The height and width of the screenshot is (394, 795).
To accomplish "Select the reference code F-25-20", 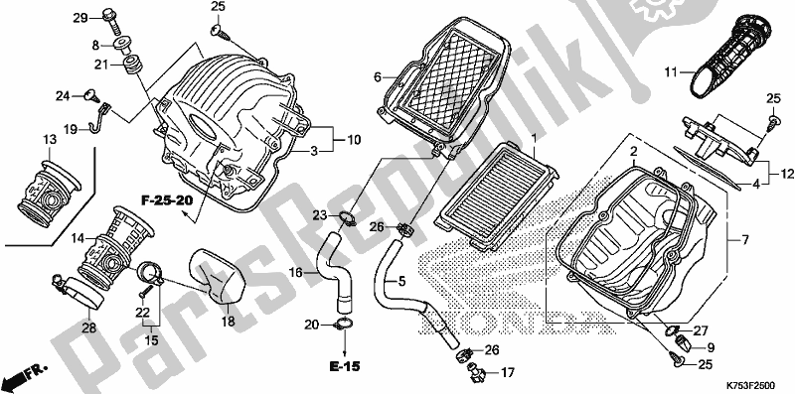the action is pyautogui.click(x=167, y=200).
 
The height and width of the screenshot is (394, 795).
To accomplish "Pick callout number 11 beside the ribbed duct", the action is pyautogui.click(x=671, y=71).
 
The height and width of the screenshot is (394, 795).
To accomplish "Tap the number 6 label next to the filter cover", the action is pyautogui.click(x=378, y=76).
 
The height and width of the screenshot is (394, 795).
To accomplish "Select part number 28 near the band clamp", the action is pyautogui.click(x=87, y=328).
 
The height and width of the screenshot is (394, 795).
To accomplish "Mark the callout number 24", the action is pyautogui.click(x=61, y=96).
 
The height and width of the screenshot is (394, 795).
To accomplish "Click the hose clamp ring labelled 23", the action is pyautogui.click(x=344, y=219).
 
